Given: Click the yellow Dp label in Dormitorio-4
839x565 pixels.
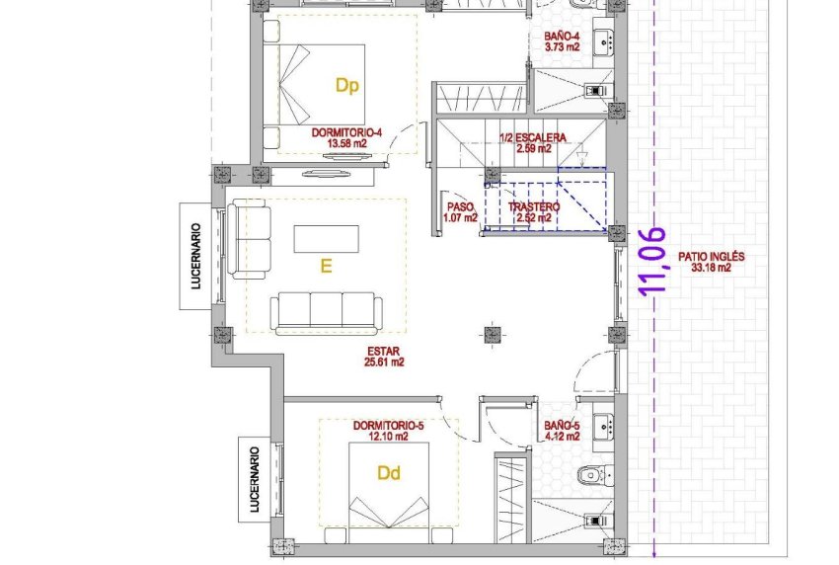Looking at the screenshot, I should [346, 86].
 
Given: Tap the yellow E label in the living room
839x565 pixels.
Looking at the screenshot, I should [325, 266].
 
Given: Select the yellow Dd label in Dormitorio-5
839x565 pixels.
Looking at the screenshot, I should [390, 473].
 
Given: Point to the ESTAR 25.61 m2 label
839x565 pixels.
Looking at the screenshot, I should [385, 356].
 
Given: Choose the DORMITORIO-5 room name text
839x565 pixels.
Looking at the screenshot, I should [388, 426].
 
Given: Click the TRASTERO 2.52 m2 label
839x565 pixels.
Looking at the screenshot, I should [533, 212].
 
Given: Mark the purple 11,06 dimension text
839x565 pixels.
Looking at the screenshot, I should [655, 263].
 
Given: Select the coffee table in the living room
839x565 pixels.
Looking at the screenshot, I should [327, 238].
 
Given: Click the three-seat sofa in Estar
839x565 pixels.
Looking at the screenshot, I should [327, 310].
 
